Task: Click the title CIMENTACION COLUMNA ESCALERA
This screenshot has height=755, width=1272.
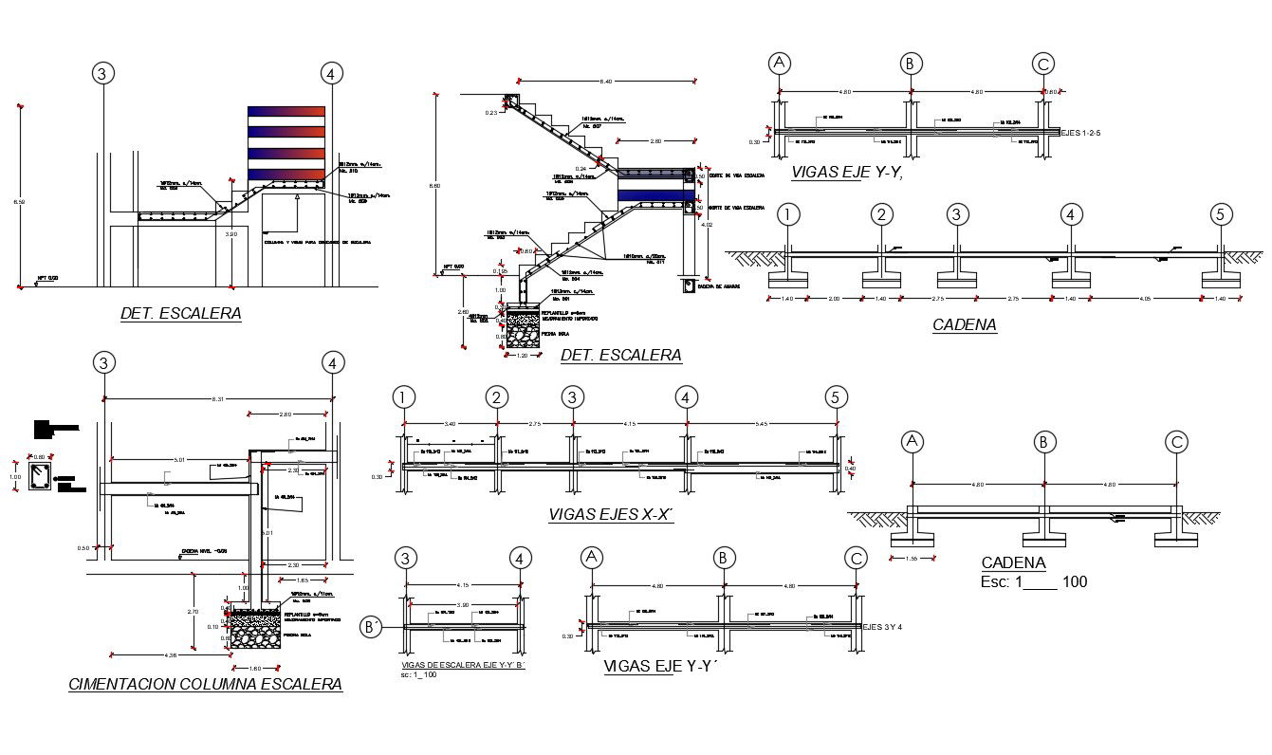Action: pyautogui.click(x=205, y=684)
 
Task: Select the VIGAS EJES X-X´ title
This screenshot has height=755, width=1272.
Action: pyautogui.click(x=610, y=514)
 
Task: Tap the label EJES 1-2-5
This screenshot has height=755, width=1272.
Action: pyautogui.click(x=1090, y=133)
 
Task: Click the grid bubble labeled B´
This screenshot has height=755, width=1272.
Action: pyautogui.click(x=371, y=627)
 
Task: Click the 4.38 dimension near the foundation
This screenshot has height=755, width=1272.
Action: pyautogui.click(x=172, y=655)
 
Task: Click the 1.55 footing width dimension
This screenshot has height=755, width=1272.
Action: pyautogui.click(x=912, y=559)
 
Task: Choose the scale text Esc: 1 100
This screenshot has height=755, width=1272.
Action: pyautogui.click(x=1034, y=581)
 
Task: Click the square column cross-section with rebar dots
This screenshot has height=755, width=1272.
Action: pyautogui.click(x=40, y=476)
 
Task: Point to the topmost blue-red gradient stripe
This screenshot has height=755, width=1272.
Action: pyautogui.click(x=286, y=112)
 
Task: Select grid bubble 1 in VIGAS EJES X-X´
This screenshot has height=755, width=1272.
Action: pyautogui.click(x=405, y=397)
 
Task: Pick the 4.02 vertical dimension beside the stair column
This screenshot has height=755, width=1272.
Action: pyautogui.click(x=705, y=225)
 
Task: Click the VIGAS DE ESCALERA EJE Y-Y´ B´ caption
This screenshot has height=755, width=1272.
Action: pyautogui.click(x=462, y=665)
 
